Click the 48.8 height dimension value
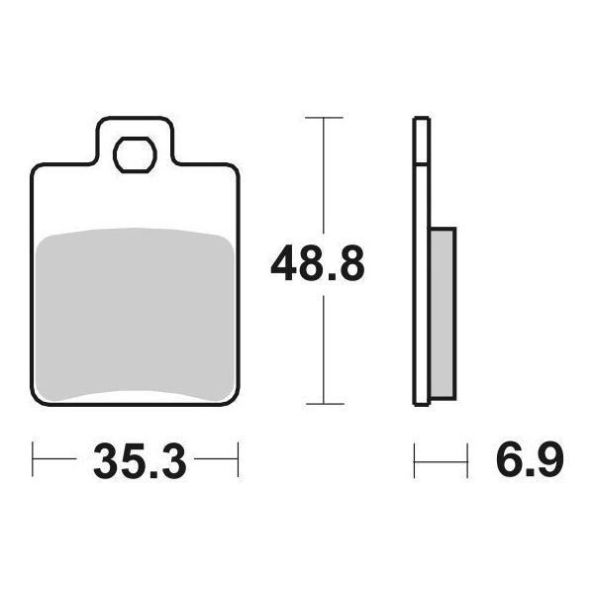319,264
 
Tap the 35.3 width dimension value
139,460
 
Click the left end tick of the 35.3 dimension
34,459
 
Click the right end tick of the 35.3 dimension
239,459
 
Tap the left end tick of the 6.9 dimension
414,459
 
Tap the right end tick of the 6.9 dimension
466,459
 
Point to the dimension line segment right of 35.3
216,459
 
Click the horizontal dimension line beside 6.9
441,459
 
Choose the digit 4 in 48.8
285,264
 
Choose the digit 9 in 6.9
549,460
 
